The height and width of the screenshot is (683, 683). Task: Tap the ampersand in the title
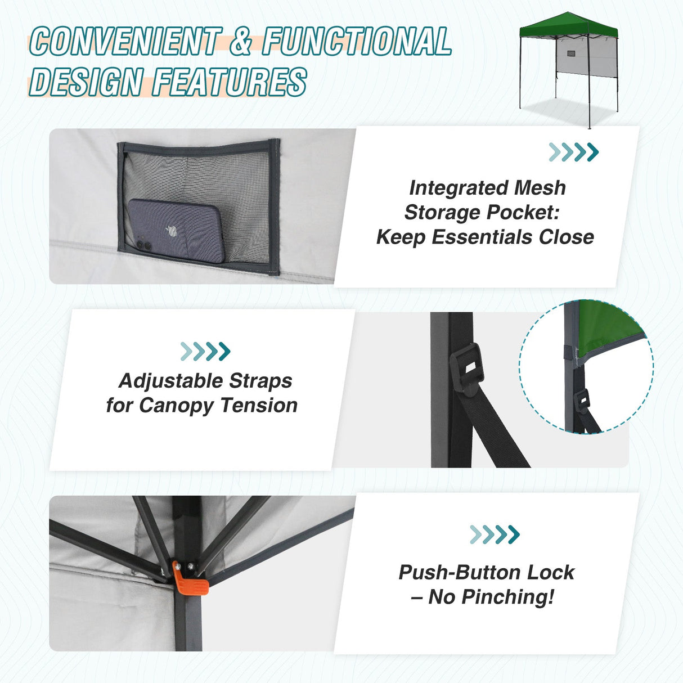click(x=240, y=42)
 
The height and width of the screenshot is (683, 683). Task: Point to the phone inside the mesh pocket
click(x=176, y=231)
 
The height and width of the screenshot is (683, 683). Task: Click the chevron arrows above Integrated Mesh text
click(x=573, y=152)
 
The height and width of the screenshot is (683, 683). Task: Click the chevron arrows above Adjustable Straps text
click(x=205, y=351)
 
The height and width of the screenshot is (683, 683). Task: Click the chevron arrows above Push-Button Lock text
click(x=495, y=534)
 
